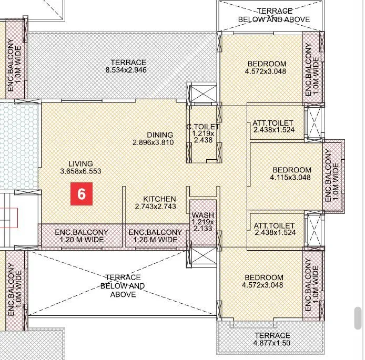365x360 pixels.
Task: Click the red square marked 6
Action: (x=82, y=193)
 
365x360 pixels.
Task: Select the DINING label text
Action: (x=160, y=135)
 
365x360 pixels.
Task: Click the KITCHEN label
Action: (x=159, y=199)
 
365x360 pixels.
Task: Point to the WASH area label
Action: (x=202, y=215)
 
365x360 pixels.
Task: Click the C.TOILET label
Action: (x=202, y=127)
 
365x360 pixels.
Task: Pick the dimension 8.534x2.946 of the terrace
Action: (x=126, y=70)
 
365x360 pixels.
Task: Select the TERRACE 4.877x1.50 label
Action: (x=272, y=340)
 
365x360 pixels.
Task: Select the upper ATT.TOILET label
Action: (x=273, y=123)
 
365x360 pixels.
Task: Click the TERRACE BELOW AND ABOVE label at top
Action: (x=274, y=15)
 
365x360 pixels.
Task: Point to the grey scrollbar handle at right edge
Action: (x=358, y=318)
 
